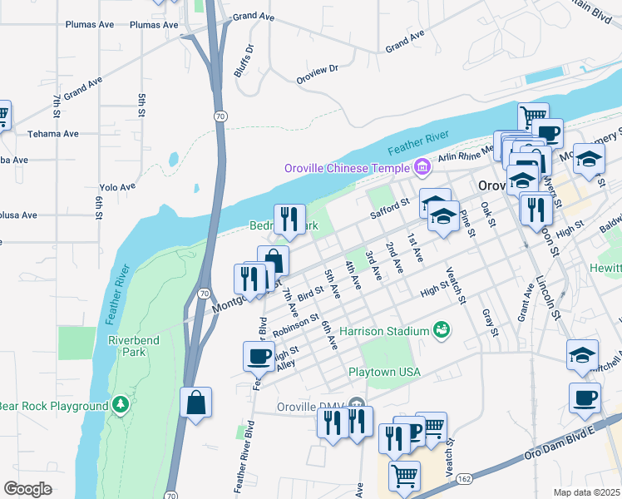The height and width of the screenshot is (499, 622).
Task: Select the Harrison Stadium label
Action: [383, 331]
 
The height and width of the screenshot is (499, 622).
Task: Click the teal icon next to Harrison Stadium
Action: [442, 331]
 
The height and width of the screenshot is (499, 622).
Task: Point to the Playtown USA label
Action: [384, 372]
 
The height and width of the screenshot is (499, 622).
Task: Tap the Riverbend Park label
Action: [126, 345]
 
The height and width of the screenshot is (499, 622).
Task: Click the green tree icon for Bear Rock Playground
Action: [121, 405]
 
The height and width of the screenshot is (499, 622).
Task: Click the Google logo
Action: [27, 489]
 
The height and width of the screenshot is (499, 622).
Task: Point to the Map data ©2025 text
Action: [586, 492]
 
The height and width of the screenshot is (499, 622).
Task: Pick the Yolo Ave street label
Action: [116, 187]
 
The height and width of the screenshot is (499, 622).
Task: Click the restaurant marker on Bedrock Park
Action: [289, 219]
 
